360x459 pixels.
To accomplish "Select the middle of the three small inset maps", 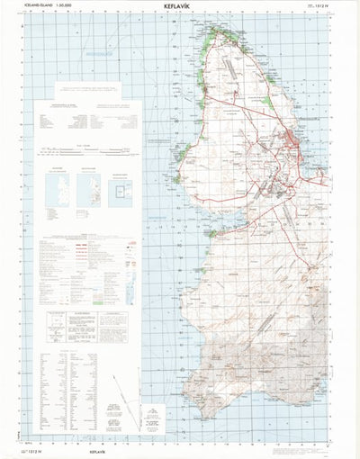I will point(89,187).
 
